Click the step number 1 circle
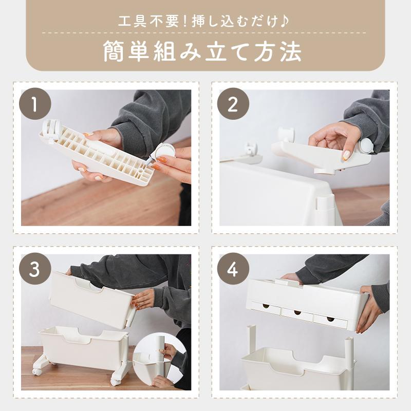coord(35,104)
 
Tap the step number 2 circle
coord(233,104)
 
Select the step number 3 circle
coord(35,269)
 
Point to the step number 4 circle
coord(233,269)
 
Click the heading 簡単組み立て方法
coord(202,51)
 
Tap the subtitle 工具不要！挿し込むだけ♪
coord(203,22)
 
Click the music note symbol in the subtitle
coord(284,22)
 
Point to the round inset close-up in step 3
coord(160,361)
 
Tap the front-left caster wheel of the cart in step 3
coord(36,371)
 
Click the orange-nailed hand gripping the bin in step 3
coord(143,300)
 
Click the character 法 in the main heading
coord(291,52)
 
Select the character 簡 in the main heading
coord(114,52)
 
